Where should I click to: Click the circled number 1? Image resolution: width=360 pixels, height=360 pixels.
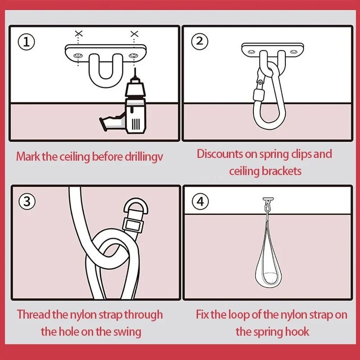click(x=27, y=42)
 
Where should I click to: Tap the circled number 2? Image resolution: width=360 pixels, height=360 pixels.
click(x=200, y=41)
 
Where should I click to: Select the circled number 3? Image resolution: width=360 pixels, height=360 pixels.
click(x=27, y=201)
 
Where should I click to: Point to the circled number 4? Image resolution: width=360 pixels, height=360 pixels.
click(x=200, y=201)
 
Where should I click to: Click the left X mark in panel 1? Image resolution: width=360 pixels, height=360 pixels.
click(x=78, y=34)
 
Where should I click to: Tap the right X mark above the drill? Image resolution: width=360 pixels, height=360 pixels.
click(x=134, y=34)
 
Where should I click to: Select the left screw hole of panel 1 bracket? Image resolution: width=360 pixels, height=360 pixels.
click(x=78, y=55)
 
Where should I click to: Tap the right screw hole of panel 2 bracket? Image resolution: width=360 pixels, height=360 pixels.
click(x=294, y=52)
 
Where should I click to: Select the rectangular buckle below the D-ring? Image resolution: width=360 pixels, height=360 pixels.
click(x=133, y=225)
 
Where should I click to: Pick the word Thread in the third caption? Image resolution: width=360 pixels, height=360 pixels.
click(x=33, y=314)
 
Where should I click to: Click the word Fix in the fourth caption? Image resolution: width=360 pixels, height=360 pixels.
click(x=202, y=314)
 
